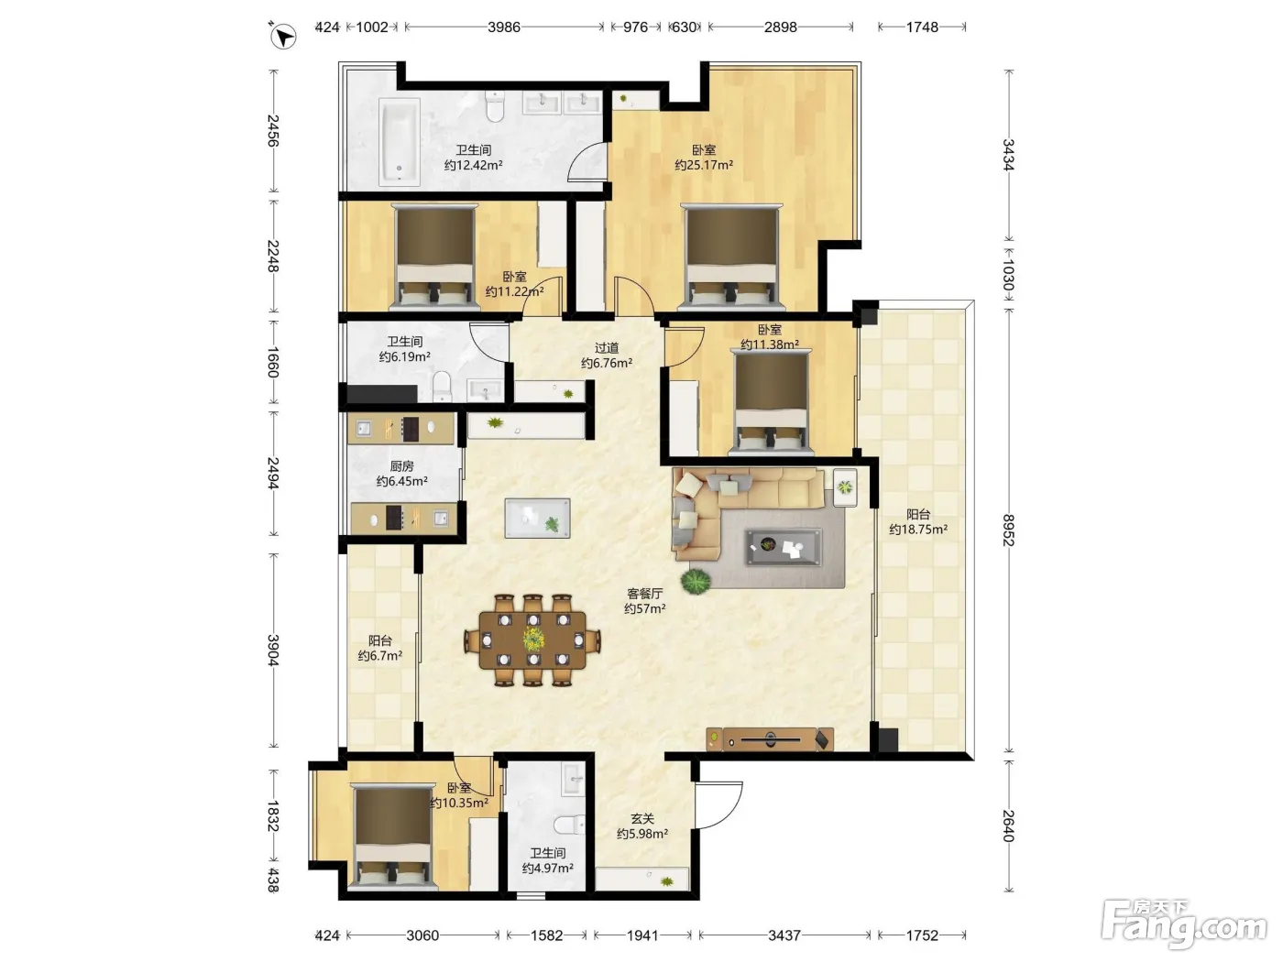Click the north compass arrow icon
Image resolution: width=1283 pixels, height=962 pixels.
click(283, 37)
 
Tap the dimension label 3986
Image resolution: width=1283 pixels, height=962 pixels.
click(504, 27)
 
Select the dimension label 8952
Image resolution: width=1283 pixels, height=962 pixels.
click(1008, 530)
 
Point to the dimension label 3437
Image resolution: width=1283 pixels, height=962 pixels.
click(784, 935)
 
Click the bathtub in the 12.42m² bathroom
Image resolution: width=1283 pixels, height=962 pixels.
click(400, 142)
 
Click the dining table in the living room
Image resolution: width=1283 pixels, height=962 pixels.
click(532, 640)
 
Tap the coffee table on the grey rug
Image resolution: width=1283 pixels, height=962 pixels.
click(784, 547)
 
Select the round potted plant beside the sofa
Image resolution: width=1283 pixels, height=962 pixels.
click(696, 582)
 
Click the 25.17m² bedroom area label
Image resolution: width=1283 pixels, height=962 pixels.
click(704, 165)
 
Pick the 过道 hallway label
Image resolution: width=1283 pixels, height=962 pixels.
click(606, 348)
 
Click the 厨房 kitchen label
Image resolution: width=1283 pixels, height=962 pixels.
click(401, 466)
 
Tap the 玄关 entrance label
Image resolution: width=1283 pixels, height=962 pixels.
click(641, 819)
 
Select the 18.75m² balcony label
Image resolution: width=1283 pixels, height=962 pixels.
click(918, 530)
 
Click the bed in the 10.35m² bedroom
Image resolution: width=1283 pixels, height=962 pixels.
click(393, 836)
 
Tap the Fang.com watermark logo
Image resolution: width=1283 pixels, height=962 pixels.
click(1184, 924)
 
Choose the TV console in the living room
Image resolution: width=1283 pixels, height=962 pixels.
click(770, 739)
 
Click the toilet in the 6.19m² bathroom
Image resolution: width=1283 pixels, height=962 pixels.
click(443, 387)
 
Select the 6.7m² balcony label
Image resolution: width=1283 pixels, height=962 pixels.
click(380, 656)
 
